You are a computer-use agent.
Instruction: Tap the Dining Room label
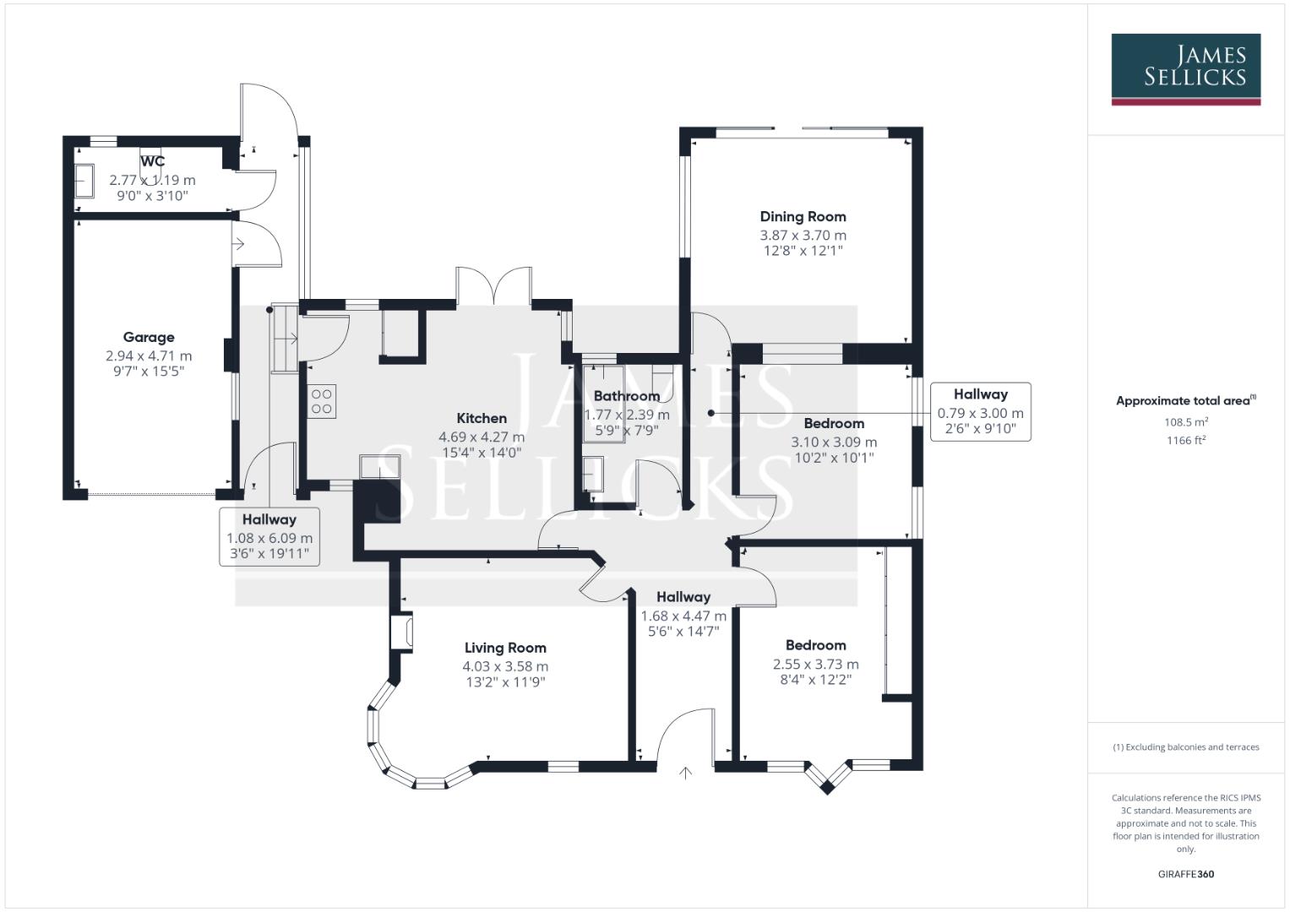point(803,216)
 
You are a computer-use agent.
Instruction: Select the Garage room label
point(149,337)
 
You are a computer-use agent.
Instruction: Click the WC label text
point(153,161)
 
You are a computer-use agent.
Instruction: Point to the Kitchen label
point(482,418)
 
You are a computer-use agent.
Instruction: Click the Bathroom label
point(626,396)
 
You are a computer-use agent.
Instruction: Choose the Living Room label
point(505,648)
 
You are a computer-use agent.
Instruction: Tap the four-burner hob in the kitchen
point(322,401)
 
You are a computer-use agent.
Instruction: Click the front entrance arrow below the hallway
point(685,772)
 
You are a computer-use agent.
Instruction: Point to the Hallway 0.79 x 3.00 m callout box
point(980,412)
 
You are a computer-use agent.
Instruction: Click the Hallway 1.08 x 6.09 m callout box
point(269,537)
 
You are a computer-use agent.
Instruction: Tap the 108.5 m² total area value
point(1186,422)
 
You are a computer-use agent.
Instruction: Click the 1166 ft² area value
point(1186,440)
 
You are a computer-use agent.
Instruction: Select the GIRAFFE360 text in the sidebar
point(1185,874)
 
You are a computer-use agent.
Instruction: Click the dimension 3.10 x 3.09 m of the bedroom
point(834,442)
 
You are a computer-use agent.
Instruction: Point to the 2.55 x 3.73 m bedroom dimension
point(815,665)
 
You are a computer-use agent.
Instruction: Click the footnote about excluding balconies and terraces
point(1185,747)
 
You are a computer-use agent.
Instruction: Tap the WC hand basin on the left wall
point(84,181)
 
